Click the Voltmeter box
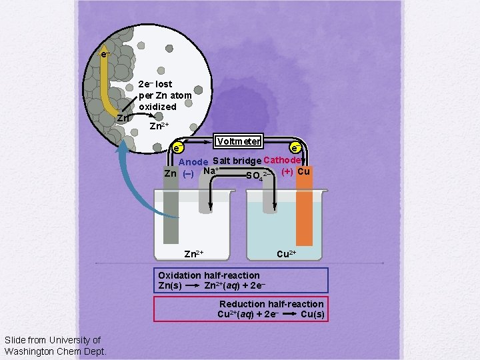pos(237,141)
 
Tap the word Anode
pos(193,162)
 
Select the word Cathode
pos(283,160)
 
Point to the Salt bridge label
pos(237,161)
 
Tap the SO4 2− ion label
pos(257,176)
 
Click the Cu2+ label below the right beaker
pos(286,254)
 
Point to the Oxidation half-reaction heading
pos(209,275)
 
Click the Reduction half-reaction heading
pos(271,304)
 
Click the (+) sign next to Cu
pos(287,171)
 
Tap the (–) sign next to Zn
pos(188,174)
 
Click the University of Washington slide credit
pos(53,345)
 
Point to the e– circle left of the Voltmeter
pos(177,147)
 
